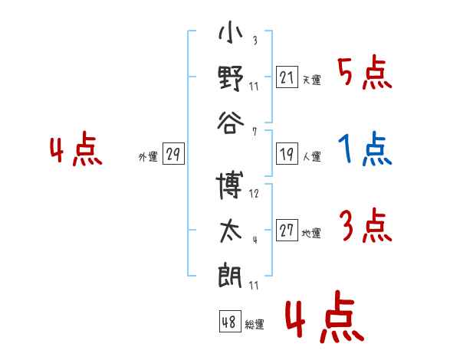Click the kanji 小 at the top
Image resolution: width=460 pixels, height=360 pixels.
click(x=231, y=32)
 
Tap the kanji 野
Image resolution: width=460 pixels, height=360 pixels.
click(x=231, y=78)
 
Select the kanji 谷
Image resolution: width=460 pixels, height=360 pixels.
click(x=231, y=123)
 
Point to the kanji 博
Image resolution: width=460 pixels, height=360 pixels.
click(x=230, y=185)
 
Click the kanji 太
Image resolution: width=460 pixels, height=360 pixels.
click(x=231, y=231)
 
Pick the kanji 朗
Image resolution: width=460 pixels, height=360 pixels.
click(x=230, y=276)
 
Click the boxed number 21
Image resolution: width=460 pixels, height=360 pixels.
click(x=287, y=77)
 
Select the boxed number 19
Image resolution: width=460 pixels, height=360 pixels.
click(x=287, y=154)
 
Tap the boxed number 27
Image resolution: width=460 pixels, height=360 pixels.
click(x=287, y=230)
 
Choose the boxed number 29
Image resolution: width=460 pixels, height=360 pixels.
click(x=173, y=154)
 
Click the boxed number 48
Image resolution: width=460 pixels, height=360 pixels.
click(x=230, y=321)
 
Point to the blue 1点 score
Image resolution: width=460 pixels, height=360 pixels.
click(x=365, y=149)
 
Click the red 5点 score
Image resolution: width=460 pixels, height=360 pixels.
click(x=365, y=73)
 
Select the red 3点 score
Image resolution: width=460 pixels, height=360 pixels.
click(x=366, y=225)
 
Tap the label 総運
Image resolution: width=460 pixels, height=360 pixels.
click(x=255, y=325)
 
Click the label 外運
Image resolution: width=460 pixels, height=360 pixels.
click(x=148, y=157)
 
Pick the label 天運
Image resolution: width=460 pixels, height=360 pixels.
click(x=312, y=80)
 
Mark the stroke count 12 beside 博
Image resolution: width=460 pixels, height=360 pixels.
click(x=254, y=194)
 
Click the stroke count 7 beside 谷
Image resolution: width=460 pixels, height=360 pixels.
click(x=255, y=132)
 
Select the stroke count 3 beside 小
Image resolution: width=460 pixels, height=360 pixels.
click(x=255, y=40)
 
